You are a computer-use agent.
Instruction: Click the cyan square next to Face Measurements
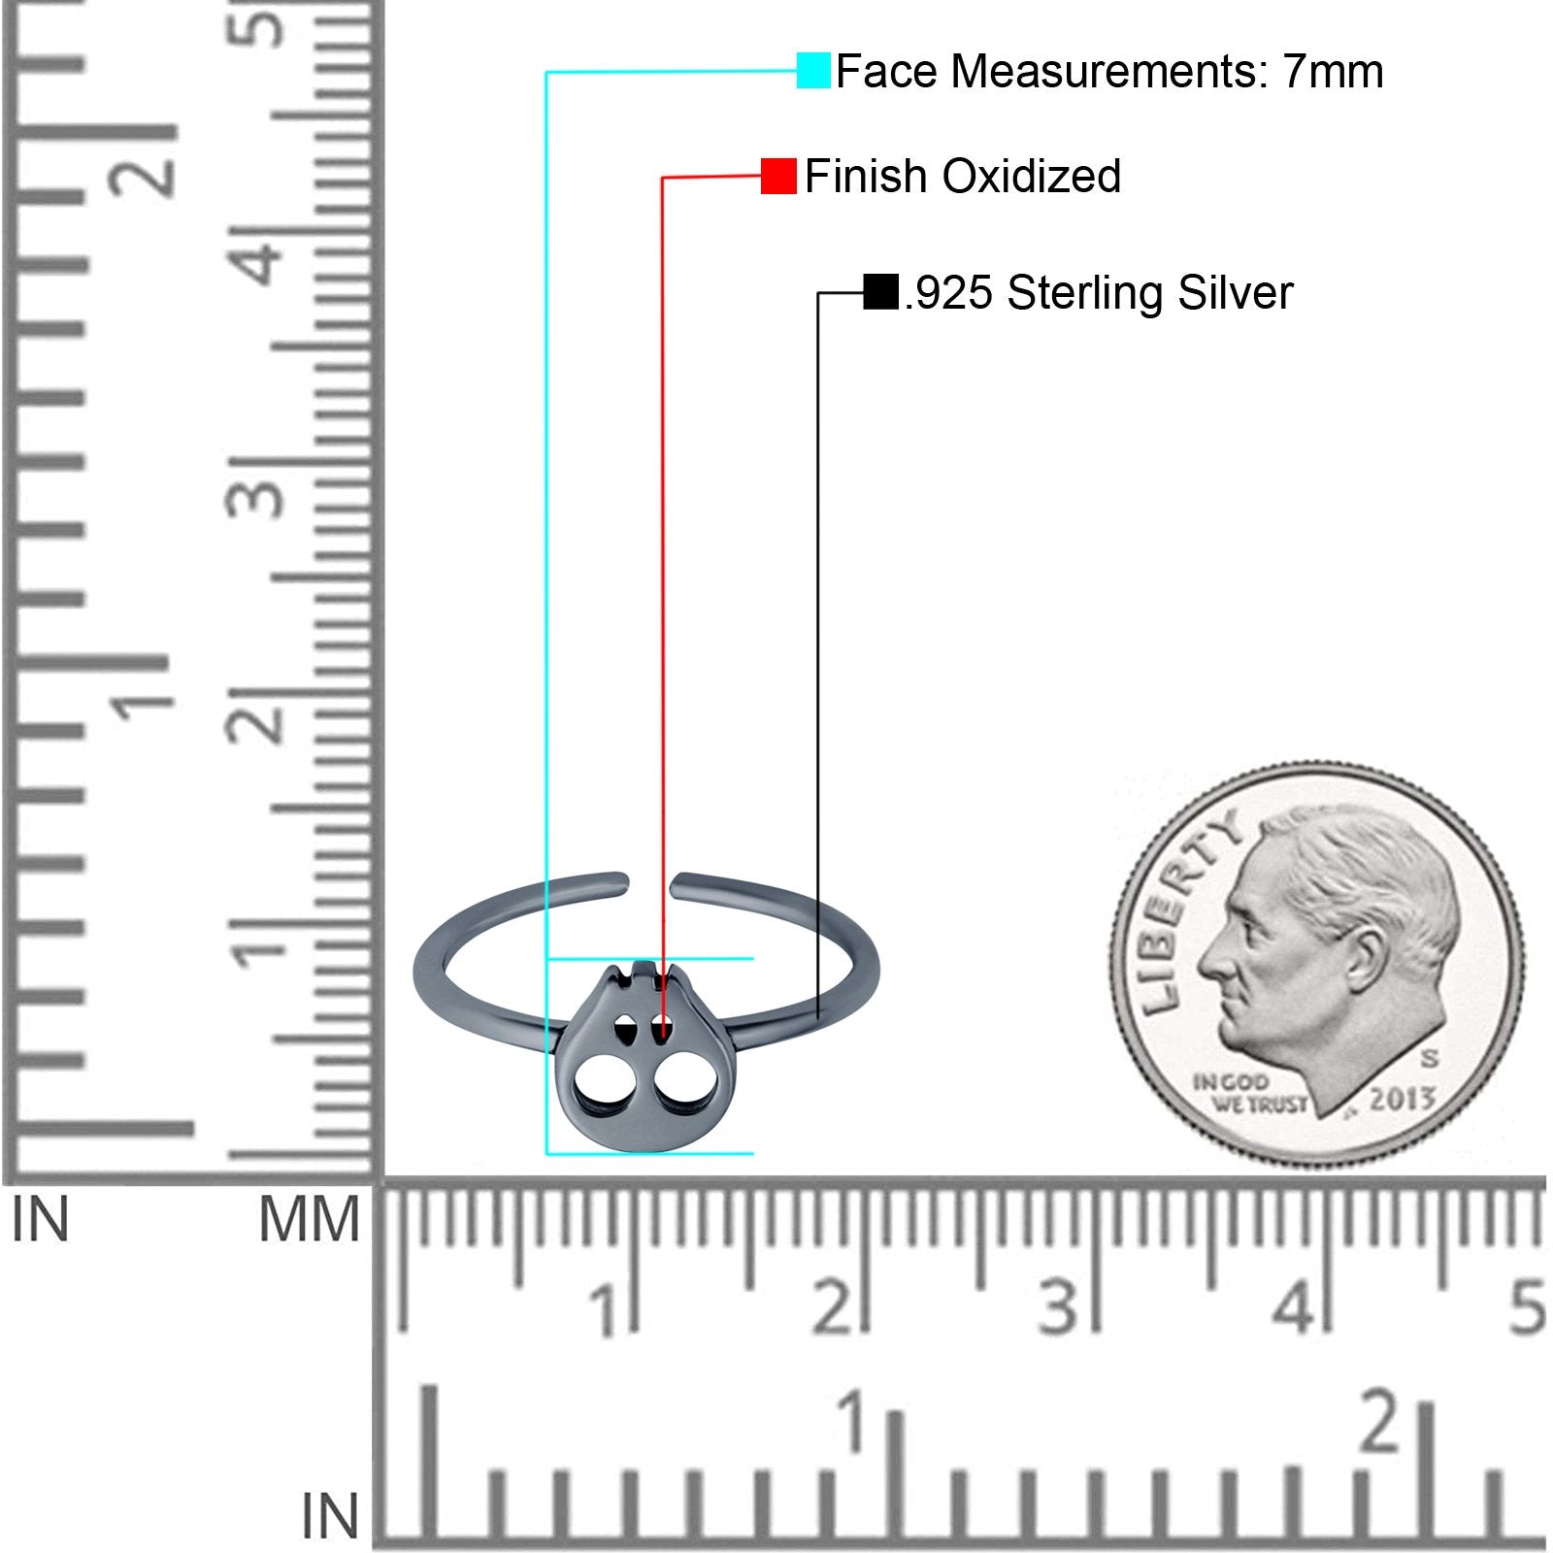point(813,71)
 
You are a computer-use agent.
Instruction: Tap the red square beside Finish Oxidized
point(778,176)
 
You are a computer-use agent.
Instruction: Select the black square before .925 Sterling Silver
point(880,292)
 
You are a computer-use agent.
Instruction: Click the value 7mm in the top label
point(1334,71)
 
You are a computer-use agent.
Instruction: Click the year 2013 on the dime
point(1402,1099)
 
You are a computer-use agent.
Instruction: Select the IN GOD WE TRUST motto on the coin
point(1247,1093)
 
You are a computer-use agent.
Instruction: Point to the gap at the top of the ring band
point(649,884)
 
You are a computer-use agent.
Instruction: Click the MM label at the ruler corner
point(309,1220)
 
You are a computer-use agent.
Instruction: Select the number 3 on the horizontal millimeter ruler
point(1058,1306)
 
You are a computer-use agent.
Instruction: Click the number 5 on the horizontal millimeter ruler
point(1527,1306)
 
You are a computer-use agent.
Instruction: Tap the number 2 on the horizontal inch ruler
point(1379,1423)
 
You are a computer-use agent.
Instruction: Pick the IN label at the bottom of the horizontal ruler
point(329,1516)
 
